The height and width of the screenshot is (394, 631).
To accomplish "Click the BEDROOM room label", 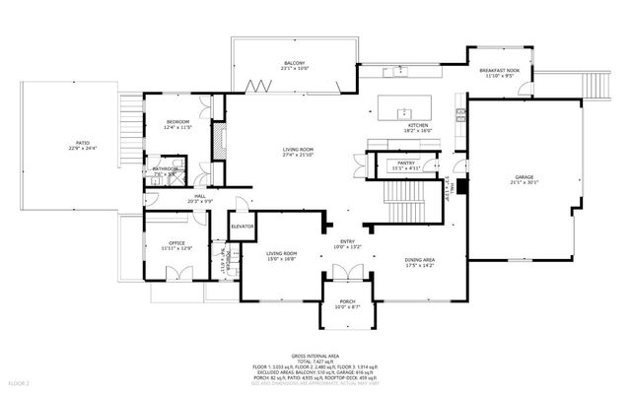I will (178, 121).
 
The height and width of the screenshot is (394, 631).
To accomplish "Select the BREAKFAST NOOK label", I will (499, 71).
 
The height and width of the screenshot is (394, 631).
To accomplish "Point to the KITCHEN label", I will (419, 126).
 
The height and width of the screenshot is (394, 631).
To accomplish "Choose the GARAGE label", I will (524, 176).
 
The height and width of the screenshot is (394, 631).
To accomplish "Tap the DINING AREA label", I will (421, 260).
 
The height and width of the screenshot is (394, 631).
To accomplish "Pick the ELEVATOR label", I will (243, 228).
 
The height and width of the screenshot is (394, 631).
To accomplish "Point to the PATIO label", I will (82, 143).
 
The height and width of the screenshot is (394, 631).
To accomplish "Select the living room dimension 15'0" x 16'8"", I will (282, 259).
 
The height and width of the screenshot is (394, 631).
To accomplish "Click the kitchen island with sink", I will (400, 107).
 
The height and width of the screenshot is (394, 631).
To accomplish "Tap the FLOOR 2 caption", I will (21, 381).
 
